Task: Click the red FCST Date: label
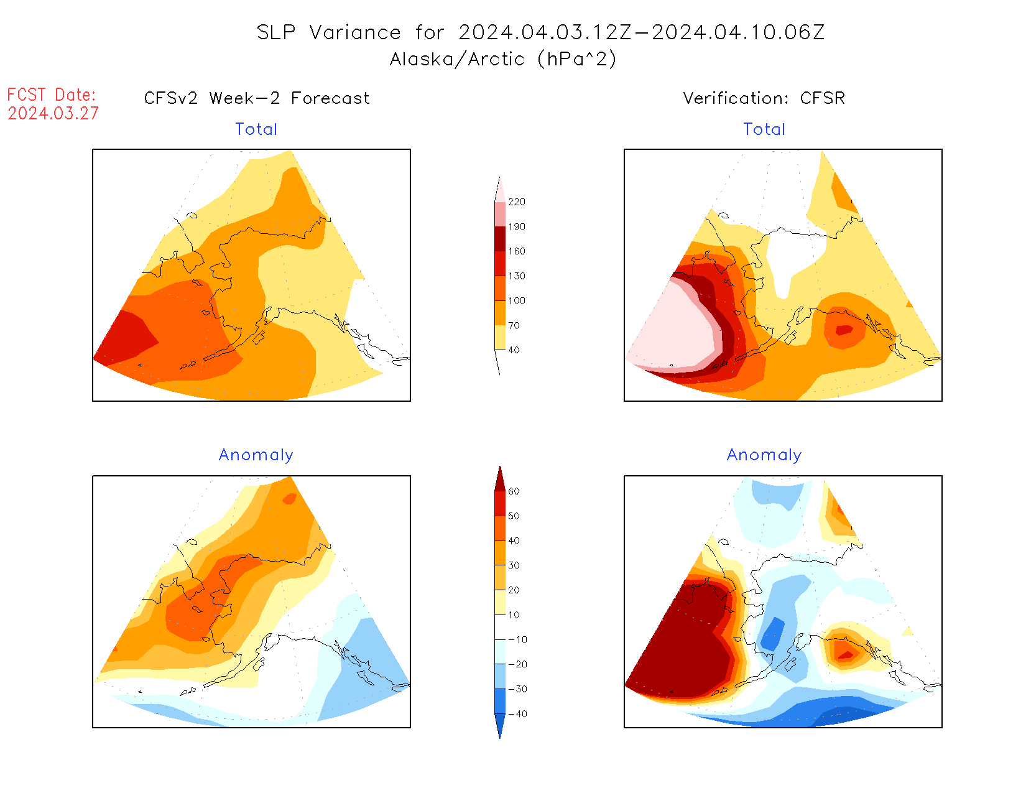click(52, 95)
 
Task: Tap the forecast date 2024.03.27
click(53, 114)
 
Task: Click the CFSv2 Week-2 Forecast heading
click(257, 98)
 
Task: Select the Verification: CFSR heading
click(764, 98)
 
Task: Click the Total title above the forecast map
click(256, 129)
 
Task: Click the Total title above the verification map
click(764, 129)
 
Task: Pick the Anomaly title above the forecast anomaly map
click(256, 455)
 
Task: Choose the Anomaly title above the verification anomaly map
click(764, 455)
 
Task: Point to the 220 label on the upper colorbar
click(516, 202)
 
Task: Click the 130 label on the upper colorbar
click(516, 276)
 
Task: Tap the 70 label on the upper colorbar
click(514, 325)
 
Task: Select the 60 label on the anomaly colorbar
click(514, 491)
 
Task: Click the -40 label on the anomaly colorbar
click(517, 714)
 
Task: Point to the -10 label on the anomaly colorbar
click(517, 640)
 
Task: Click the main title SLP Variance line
click(540, 32)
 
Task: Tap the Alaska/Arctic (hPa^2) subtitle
click(503, 59)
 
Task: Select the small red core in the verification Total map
click(843, 330)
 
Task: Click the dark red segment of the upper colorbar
click(500, 239)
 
